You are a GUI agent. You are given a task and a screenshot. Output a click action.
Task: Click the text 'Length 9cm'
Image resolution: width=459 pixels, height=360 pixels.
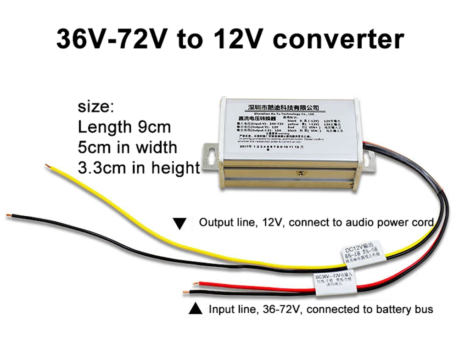124,127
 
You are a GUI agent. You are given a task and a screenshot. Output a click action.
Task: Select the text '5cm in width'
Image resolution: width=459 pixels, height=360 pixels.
127,147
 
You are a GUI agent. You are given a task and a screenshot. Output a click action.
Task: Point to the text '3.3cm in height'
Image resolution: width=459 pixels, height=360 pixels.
139,168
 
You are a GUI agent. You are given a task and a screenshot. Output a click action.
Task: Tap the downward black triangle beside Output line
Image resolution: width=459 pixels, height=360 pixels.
180,224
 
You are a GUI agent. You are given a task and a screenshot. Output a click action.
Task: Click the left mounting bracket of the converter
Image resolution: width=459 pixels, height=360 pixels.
211,154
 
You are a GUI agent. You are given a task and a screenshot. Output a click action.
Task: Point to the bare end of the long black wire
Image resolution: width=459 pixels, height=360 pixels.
9,215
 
